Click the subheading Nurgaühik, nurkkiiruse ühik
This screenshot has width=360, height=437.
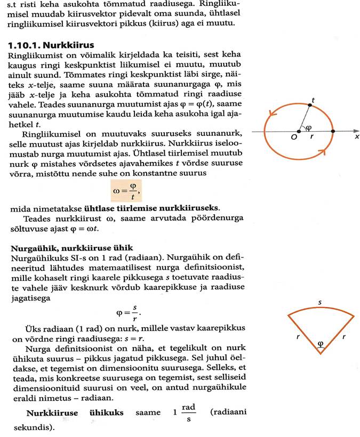point(70,248)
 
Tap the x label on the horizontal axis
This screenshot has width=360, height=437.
point(356,137)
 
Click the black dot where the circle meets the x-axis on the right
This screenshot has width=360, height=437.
point(333,131)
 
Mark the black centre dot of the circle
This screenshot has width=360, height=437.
point(299,131)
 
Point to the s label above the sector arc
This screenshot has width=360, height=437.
point(319,303)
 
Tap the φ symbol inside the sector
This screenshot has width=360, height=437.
point(320,343)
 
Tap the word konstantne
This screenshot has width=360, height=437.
point(161,173)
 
